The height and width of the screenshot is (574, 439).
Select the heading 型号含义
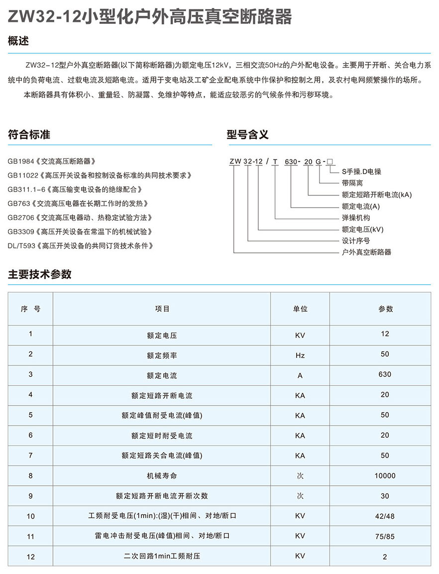247,134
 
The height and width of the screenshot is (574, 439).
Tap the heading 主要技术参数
40,274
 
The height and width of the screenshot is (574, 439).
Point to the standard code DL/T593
20,245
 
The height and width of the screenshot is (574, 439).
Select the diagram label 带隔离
352,183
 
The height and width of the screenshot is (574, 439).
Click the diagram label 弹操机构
356,218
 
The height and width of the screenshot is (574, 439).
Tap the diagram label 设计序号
356,240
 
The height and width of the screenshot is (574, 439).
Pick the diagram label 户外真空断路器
366,252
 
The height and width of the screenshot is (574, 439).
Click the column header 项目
162,309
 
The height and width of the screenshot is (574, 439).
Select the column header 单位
300,309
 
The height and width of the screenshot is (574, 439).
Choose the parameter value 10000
385,475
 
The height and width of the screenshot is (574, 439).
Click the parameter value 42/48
385,516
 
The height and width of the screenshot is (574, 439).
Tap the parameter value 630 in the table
385,374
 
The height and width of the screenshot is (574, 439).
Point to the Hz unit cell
300,355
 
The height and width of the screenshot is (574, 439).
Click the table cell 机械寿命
162,475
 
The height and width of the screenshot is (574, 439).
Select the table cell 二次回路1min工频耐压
162,556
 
